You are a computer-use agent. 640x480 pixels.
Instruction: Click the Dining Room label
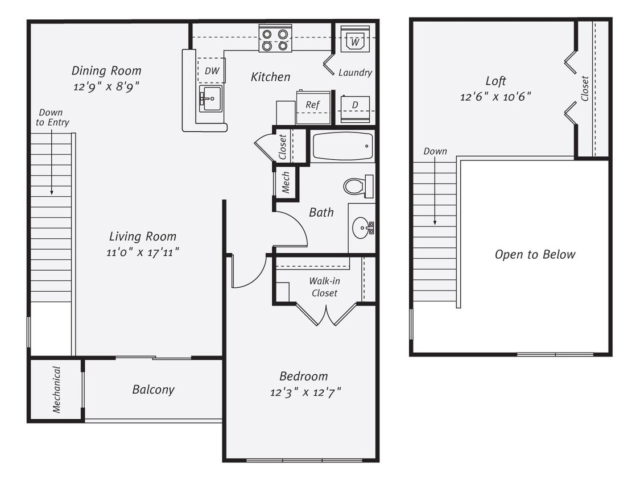(x=106, y=71)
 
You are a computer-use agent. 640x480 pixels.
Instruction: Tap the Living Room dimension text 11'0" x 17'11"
(x=142, y=252)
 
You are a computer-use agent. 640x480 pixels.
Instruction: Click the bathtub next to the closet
(x=342, y=147)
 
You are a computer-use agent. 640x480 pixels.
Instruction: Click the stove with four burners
(x=275, y=39)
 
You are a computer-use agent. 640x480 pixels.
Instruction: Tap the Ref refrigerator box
(x=313, y=106)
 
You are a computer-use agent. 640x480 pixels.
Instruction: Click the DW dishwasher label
(x=212, y=71)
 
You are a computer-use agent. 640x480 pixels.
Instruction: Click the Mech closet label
(x=286, y=183)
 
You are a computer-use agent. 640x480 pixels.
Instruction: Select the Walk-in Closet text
(x=323, y=287)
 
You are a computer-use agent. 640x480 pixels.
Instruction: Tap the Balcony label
(x=153, y=390)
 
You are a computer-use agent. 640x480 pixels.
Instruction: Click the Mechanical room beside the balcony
(x=56, y=390)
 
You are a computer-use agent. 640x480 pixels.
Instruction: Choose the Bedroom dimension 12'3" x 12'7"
(x=305, y=392)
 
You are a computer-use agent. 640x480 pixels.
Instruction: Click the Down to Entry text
(x=52, y=118)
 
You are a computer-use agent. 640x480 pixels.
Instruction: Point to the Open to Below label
(x=535, y=254)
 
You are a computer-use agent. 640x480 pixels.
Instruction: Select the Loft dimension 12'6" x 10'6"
(x=496, y=97)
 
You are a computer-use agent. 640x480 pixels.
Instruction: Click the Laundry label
(x=355, y=72)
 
